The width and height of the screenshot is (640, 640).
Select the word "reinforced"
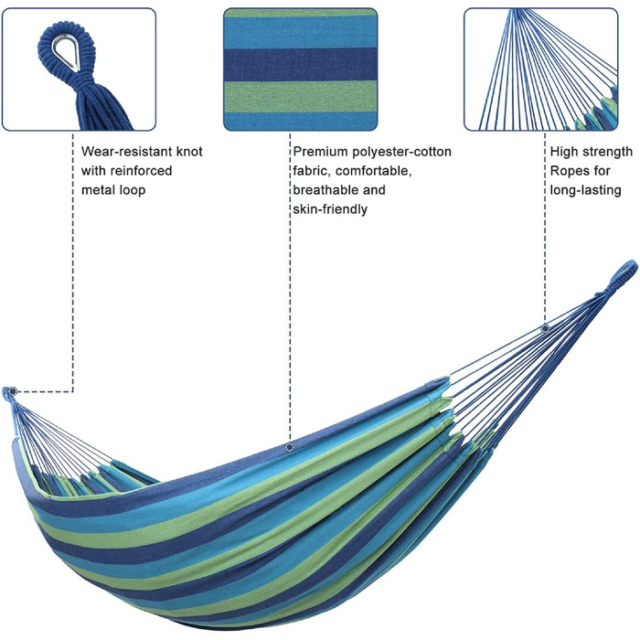tap(143, 171)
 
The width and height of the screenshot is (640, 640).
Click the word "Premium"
tap(321, 152)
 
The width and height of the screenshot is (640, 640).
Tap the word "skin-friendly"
tap(330, 209)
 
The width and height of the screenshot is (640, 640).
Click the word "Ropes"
tap(571, 171)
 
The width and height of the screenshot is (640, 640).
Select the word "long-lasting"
tap(585, 190)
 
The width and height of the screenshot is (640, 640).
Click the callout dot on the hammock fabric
tap(290, 447)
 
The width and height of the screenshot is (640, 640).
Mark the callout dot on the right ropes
tap(546, 328)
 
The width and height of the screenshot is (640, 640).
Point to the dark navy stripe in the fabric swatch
tap(300, 64)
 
